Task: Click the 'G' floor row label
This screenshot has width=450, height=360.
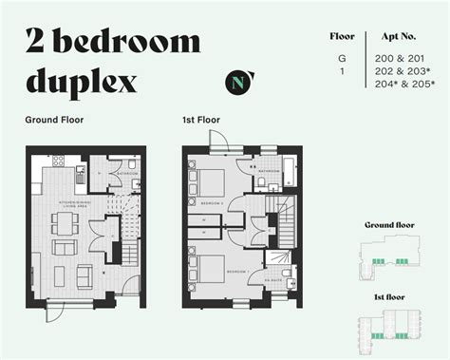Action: (342, 59)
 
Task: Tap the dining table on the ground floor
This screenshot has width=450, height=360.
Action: (64, 224)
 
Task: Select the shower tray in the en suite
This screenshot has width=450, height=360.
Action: (276, 256)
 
